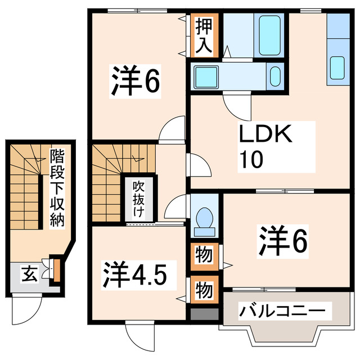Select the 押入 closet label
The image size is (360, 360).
(204, 35)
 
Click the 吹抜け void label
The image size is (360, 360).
(138, 199)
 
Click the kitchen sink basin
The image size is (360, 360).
(337, 67)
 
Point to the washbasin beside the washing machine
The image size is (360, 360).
(274, 76)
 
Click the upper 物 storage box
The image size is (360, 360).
(204, 255)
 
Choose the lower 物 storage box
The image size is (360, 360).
(204, 290)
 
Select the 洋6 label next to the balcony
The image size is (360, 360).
(283, 241)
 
